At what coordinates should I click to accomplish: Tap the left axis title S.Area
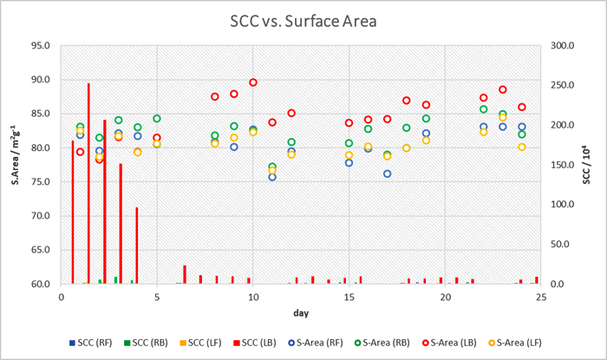(16, 165)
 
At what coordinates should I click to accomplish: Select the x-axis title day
(300, 311)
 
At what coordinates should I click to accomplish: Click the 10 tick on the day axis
(252, 297)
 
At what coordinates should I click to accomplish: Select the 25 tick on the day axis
(540, 297)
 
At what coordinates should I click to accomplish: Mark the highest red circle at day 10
(253, 82)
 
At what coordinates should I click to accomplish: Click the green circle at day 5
(157, 119)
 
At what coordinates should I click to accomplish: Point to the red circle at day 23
(502, 89)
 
